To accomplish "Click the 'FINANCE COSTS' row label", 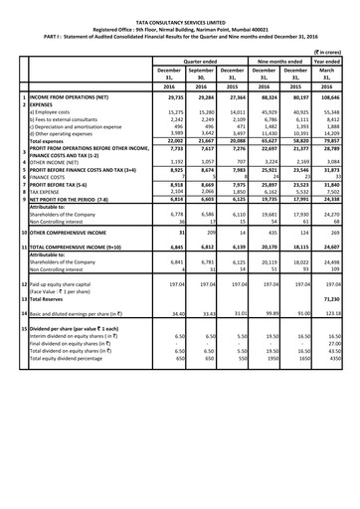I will (x=48, y=176).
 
